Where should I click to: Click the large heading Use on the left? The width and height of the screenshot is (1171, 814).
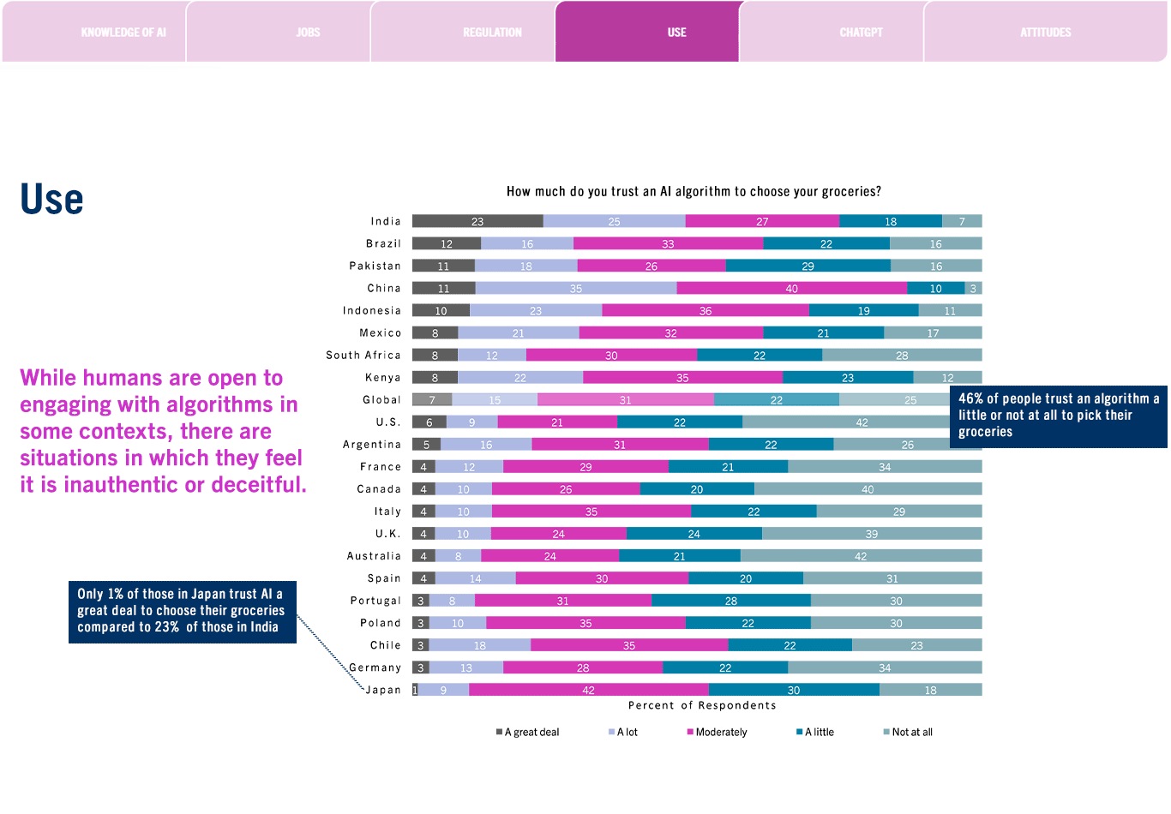point(51,200)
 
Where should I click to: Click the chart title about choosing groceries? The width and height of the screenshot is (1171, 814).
point(694,191)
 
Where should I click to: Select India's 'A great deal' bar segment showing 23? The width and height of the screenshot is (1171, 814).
point(477,221)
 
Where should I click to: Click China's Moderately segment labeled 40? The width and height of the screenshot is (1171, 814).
point(791,288)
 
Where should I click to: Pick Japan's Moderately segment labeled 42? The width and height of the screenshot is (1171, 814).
point(589,690)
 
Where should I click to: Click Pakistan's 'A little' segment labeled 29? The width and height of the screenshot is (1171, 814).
point(808,266)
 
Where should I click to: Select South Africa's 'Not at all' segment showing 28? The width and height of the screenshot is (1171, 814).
point(902,355)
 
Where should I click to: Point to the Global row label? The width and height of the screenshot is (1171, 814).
point(381,400)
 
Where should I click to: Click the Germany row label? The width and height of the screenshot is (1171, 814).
point(375,667)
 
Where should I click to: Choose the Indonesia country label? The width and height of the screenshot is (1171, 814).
point(372,310)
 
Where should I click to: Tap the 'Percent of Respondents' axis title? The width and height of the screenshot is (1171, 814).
point(702,705)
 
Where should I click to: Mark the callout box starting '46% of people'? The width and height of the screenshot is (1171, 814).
point(1059,416)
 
